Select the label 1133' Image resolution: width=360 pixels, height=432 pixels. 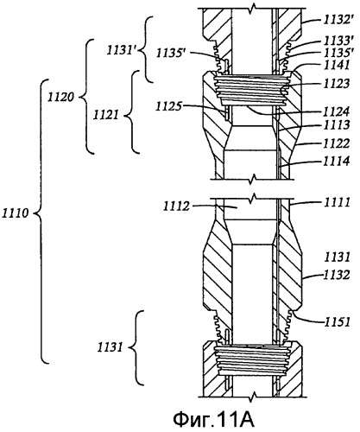337,41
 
